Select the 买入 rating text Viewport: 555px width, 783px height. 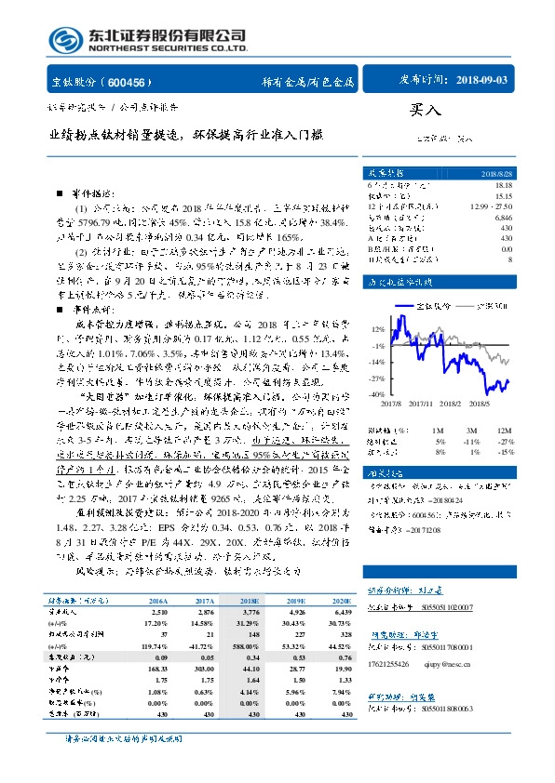click(x=421, y=110)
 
